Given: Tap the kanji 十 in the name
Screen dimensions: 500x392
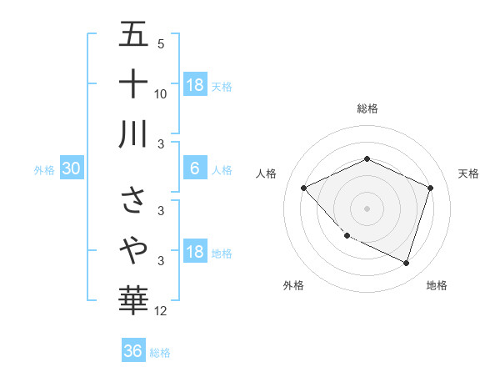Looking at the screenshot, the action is [133, 83].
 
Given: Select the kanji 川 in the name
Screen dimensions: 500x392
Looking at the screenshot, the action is [133, 133].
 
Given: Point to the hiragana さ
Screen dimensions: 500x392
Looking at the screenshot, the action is [133, 201].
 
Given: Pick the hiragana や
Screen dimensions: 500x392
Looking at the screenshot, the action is [133, 249].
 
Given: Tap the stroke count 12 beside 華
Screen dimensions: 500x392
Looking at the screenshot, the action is [161, 311].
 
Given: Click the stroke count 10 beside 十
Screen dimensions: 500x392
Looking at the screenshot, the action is [161, 93].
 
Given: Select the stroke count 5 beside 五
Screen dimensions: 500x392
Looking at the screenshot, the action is [161, 44].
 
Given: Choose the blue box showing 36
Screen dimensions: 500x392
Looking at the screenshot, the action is [133, 351].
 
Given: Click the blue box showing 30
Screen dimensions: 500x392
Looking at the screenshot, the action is [72, 169].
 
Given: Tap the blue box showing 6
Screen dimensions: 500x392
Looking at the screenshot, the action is [195, 169].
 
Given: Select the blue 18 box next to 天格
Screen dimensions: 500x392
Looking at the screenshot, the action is [195, 84].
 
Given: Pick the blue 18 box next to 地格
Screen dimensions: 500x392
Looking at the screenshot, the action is [195, 253].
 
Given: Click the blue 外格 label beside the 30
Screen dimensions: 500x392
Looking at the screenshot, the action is [44, 170].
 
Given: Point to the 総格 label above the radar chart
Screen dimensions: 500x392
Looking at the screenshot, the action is [367, 108].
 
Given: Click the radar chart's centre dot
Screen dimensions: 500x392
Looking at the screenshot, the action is [367, 208].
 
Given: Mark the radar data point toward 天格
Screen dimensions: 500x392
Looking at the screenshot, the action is [430, 188].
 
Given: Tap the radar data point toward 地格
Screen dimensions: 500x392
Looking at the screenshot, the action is [406, 263].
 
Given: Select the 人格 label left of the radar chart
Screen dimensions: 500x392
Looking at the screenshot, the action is [267, 173].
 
